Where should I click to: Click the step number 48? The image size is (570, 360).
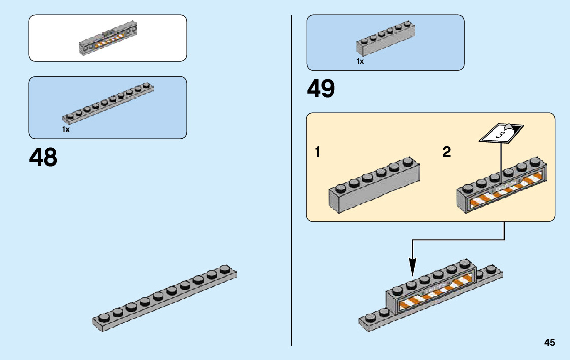tap(44, 157)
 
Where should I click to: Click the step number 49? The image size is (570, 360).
tap(321, 90)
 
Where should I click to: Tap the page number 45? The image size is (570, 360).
tap(549, 343)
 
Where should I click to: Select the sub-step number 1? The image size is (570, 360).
tap(318, 152)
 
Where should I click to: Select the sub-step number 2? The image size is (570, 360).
tap(446, 152)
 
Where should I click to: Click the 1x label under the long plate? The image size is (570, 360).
tap(66, 130)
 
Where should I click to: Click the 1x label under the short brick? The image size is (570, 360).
tap(360, 61)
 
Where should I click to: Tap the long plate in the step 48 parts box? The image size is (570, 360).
tap(108, 104)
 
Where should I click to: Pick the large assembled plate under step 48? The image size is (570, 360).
tap(163, 299)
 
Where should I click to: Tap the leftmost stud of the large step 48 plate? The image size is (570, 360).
tap(104, 318)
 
